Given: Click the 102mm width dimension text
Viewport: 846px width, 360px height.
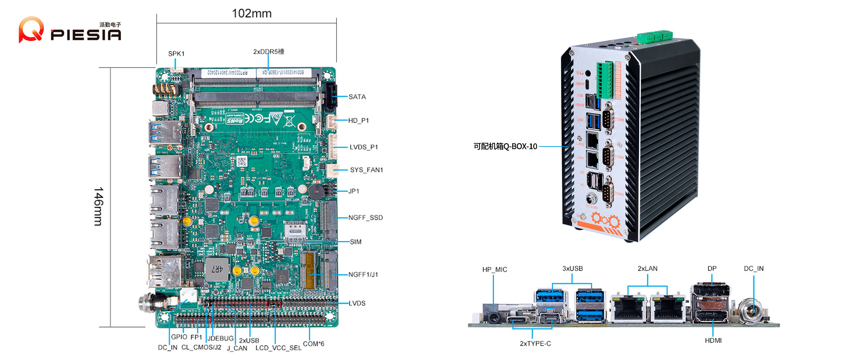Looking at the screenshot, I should (x=252, y=14).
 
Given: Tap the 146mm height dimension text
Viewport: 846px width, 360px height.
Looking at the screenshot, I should (x=98, y=206).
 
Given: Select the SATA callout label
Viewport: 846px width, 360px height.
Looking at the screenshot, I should (x=357, y=97).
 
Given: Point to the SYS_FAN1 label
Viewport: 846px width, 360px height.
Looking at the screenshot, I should (x=366, y=170).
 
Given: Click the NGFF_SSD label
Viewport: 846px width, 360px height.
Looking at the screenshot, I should (x=365, y=218).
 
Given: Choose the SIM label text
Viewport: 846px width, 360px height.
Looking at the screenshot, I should (x=356, y=242).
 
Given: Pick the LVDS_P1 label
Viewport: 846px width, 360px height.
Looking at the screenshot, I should (x=364, y=147).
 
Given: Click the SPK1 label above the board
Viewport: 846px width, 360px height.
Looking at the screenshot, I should (x=176, y=54).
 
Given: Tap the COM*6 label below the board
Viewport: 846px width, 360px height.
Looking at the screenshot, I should (x=314, y=344).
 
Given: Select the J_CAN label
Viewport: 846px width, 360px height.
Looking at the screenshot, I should (x=237, y=348).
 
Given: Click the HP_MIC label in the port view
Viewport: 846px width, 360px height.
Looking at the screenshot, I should (x=495, y=270).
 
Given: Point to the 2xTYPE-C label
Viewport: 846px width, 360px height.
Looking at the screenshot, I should (x=535, y=344).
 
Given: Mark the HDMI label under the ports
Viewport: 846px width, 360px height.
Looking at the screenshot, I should (x=713, y=341).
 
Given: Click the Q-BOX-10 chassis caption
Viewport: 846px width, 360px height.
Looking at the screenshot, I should (x=505, y=147).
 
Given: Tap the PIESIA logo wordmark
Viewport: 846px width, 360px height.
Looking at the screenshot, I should (x=86, y=35).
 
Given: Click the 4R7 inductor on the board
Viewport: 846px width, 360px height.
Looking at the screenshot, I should (x=217, y=269).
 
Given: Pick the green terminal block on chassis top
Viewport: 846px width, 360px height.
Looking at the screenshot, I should (x=655, y=36).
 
